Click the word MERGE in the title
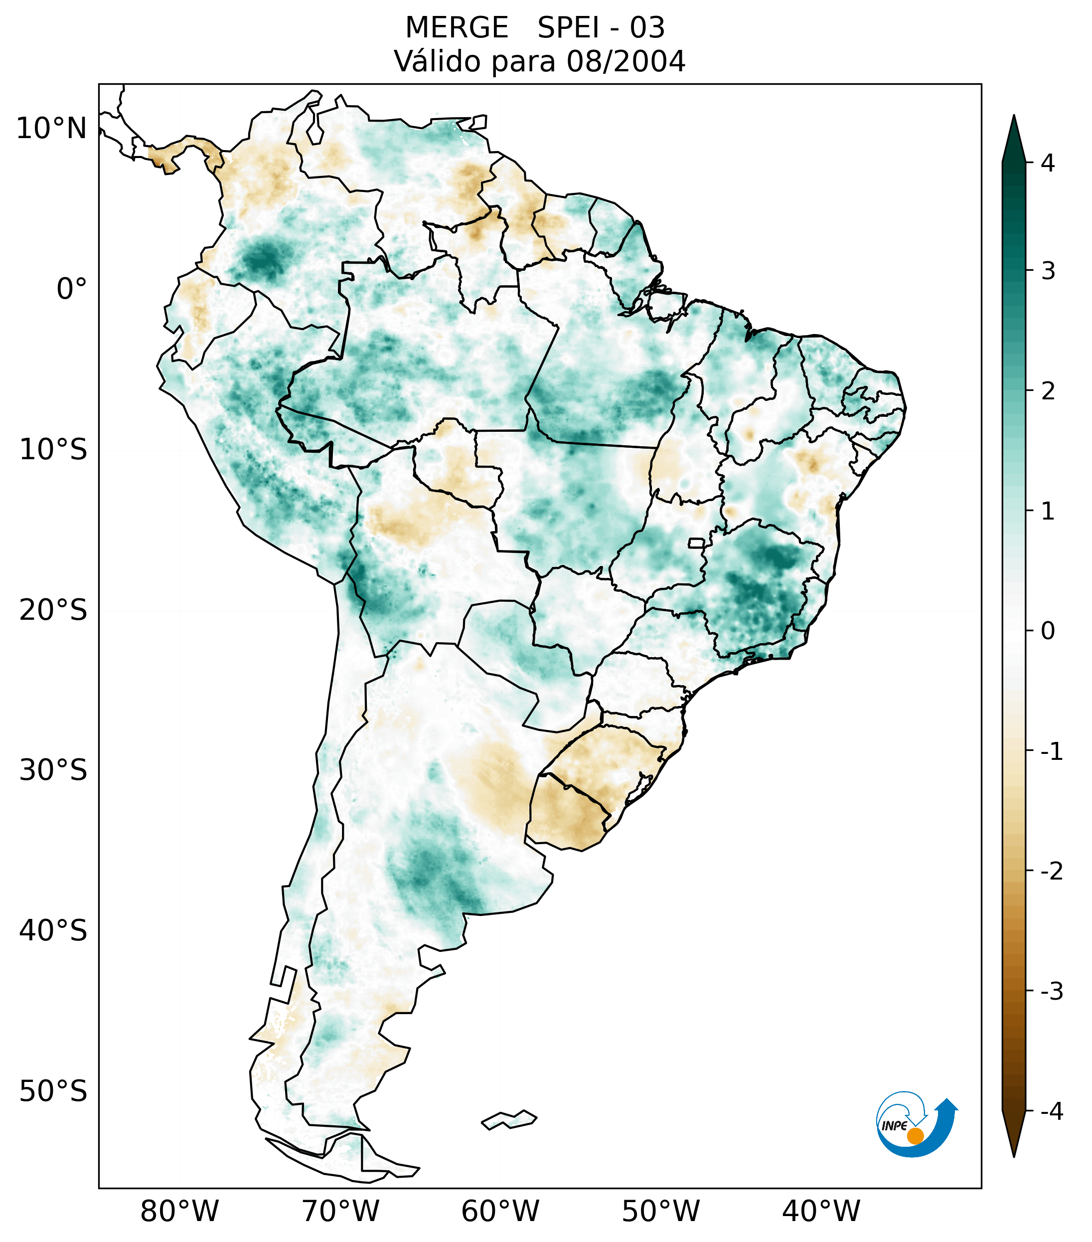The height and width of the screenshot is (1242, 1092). coord(456,28)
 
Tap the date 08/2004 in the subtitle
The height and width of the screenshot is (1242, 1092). coord(625,61)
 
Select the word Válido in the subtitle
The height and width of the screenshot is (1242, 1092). coord(437,61)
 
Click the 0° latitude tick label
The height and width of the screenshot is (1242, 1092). coord(71,289)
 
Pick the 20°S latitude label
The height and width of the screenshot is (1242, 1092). coord(53,610)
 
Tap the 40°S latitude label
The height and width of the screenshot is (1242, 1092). coord(53,931)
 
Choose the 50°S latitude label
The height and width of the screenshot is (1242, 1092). coord(53,1091)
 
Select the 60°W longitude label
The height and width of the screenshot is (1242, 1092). coord(500,1211)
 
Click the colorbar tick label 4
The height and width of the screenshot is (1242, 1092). coord(1048,163)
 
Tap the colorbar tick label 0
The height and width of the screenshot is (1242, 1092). coord(1048,631)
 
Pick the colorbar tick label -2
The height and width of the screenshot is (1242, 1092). coord(1051,872)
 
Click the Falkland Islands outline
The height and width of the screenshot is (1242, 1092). coord(509,1119)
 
